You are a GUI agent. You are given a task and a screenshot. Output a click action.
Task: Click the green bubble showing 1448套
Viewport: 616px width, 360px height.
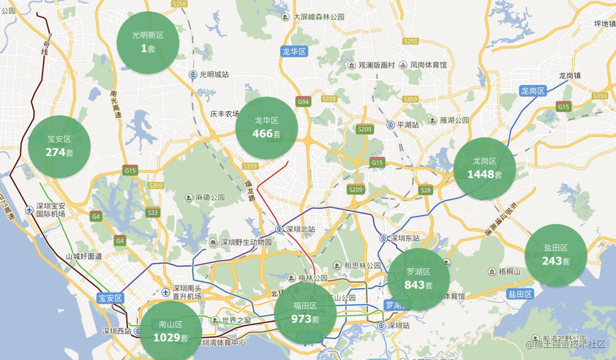[x=484, y=169]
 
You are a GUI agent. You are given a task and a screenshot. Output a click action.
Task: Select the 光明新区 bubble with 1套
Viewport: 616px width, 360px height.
[x=148, y=43]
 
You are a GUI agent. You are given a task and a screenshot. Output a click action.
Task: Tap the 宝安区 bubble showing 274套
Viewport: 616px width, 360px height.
[x=59, y=146]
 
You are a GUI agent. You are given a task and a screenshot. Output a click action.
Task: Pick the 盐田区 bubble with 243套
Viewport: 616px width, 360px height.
[x=555, y=255]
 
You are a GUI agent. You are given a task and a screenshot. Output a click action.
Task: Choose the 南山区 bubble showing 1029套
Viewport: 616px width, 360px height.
[x=170, y=331]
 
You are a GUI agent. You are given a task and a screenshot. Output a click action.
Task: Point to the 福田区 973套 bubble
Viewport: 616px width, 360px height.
[x=305, y=313]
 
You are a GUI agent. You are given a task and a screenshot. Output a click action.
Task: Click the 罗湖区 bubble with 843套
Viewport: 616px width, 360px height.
[x=418, y=279]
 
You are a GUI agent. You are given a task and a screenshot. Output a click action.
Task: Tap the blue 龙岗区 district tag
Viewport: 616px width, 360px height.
[x=533, y=91]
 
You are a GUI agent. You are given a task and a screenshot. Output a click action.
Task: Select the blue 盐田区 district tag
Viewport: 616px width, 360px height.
[x=520, y=294]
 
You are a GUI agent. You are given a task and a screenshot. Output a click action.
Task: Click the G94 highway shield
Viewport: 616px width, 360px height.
[x=303, y=102]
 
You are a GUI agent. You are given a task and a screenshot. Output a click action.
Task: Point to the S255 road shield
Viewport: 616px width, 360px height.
[x=411, y=41]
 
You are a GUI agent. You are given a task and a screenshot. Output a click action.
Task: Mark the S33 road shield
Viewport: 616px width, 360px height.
[x=153, y=213]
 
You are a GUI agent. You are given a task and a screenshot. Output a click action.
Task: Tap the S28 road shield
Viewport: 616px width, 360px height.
[x=426, y=190]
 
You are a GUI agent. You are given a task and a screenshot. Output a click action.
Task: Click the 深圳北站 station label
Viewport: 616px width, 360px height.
[x=300, y=229]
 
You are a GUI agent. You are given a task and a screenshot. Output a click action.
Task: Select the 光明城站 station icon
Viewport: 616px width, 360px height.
[x=193, y=74]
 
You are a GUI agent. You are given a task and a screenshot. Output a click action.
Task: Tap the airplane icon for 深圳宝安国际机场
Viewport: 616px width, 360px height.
[x=29, y=210]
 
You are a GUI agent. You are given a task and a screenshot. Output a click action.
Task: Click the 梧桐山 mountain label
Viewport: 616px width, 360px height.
[x=510, y=272]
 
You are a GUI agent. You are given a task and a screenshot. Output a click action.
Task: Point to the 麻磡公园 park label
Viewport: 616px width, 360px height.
[x=210, y=198]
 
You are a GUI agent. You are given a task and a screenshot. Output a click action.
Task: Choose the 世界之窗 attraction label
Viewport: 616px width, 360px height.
[x=236, y=320]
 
